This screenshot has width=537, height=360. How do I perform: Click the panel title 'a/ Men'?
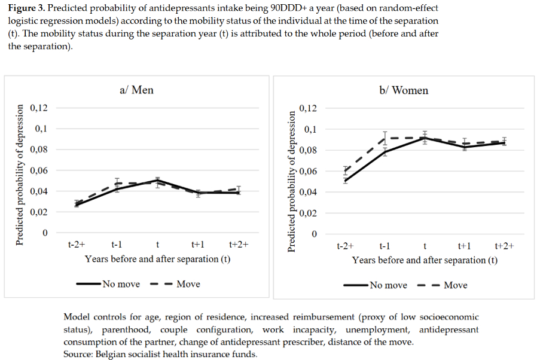pyautogui.click(x=136, y=90)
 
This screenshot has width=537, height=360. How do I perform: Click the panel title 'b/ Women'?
pyautogui.click(x=404, y=90)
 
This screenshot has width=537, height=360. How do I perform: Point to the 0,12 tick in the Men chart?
pyautogui.click(x=39, y=108)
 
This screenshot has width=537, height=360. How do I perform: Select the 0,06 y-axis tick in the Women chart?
pyautogui.click(x=308, y=172)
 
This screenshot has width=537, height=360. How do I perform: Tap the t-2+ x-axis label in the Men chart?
pyautogui.click(x=76, y=245)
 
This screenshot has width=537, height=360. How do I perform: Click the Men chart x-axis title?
pyautogui.click(x=157, y=259)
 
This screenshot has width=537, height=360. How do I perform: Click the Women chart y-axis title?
pyautogui.click(x=292, y=181)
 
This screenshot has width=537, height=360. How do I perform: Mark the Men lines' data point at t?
pyautogui.click(x=157, y=181)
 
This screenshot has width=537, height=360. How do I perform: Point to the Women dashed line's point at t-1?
pyautogui.click(x=385, y=138)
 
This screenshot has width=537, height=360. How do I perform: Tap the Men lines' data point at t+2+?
pyautogui.click(x=239, y=191)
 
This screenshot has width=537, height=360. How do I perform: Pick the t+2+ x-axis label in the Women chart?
pyautogui.click(x=505, y=246)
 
